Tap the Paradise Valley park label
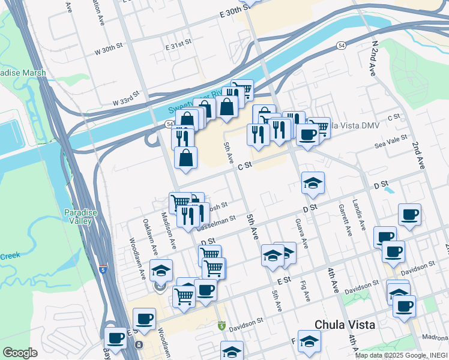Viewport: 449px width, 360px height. tap(79, 217)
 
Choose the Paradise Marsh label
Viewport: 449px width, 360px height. tap(14, 73)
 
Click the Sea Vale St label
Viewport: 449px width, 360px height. tap(391, 145)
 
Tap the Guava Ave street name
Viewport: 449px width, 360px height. tap(302, 235)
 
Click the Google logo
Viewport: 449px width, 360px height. tap(19, 353)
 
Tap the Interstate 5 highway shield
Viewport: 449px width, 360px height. tap(103, 270)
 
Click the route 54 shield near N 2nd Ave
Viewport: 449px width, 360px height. tap(341, 46)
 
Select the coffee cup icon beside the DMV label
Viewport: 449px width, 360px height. tap(307, 135)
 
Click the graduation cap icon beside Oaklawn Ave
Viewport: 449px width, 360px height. tap(161, 271)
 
